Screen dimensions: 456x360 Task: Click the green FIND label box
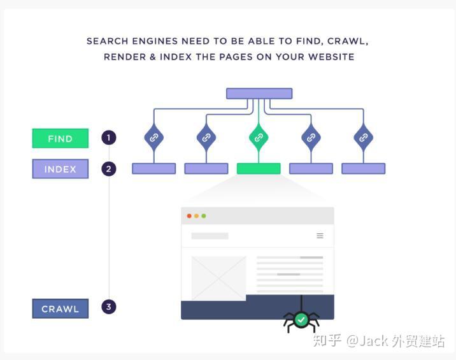pos(61,138)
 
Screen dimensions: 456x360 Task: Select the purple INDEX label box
pos(61,169)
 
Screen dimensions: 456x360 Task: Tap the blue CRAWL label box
pos(61,308)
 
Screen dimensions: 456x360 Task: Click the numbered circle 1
pos(109,138)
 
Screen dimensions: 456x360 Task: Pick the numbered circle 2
pos(109,169)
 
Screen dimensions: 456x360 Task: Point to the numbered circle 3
pos(109,306)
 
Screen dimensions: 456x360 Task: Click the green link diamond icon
pos(259,138)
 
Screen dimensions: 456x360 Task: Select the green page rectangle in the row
pos(259,168)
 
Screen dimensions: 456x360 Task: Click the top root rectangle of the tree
pos(259,94)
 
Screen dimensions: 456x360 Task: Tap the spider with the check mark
pos(301,320)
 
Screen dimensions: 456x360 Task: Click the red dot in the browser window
pos(189,216)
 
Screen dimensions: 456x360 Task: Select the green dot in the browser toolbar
pos(204,216)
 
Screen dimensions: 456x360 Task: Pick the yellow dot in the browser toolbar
pos(197,216)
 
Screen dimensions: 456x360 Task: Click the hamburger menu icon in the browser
pos(320,236)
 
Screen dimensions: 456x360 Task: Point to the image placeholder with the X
pos(218,278)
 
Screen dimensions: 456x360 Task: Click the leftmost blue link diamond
pos(154,138)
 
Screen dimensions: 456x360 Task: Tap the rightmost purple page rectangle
pos(363,168)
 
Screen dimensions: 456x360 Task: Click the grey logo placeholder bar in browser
pos(210,236)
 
